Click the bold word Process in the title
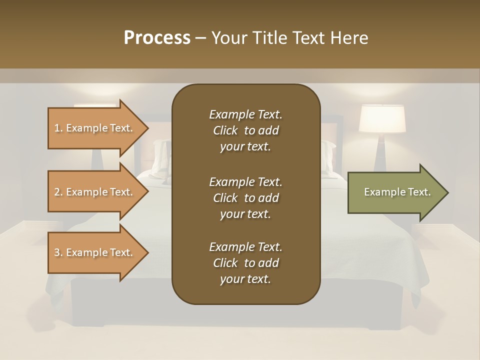coord(157,38)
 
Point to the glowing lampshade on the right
coord(382,118)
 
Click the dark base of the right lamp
coord(382,155)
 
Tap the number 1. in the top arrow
coord(58,128)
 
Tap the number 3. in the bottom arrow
coord(58,252)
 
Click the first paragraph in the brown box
coord(245,130)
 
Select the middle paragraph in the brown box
coord(245,197)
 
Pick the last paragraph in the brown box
coord(245,263)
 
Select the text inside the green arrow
coord(397,192)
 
